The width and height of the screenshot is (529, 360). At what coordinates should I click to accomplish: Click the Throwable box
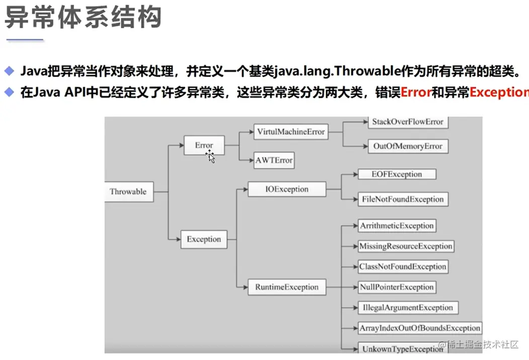click(x=128, y=192)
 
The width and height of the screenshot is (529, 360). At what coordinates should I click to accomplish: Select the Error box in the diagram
click(x=204, y=146)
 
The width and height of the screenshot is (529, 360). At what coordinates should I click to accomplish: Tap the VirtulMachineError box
click(x=291, y=132)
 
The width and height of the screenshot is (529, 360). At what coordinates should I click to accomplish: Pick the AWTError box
click(x=273, y=161)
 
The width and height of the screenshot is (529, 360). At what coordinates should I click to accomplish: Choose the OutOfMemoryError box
click(x=408, y=147)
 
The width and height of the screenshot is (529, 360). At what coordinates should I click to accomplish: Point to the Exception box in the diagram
click(x=204, y=239)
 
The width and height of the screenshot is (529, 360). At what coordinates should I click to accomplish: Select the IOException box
click(x=287, y=190)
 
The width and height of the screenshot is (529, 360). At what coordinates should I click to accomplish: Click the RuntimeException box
click(x=287, y=287)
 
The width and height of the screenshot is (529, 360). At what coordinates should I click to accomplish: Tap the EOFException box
click(x=397, y=174)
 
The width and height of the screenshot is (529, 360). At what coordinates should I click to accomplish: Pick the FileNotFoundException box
click(x=403, y=199)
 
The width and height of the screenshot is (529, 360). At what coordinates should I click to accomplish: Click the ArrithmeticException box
click(x=397, y=226)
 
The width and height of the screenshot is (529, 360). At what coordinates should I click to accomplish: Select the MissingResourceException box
click(x=405, y=246)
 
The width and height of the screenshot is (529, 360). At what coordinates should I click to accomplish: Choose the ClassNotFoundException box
click(x=403, y=267)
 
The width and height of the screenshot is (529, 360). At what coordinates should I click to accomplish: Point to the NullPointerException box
click(x=397, y=287)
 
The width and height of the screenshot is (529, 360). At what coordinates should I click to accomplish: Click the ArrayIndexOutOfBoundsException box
click(x=420, y=328)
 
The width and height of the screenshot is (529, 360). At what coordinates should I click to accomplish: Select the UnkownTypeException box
click(x=402, y=348)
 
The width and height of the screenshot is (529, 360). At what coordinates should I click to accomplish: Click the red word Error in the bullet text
click(x=416, y=93)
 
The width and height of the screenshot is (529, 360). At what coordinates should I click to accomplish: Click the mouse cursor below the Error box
click(x=210, y=157)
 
